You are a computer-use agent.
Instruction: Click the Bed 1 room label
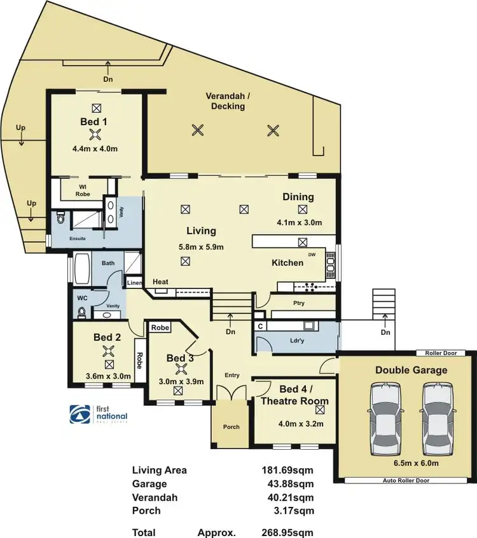point(94,121)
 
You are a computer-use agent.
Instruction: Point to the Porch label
point(232,426)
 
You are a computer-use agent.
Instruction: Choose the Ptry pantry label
point(299,303)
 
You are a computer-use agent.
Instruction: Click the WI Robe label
point(83,190)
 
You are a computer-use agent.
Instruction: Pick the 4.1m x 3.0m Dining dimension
point(300,222)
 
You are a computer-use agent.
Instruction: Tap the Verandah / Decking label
point(225,101)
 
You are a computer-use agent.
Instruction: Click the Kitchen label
point(287,262)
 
